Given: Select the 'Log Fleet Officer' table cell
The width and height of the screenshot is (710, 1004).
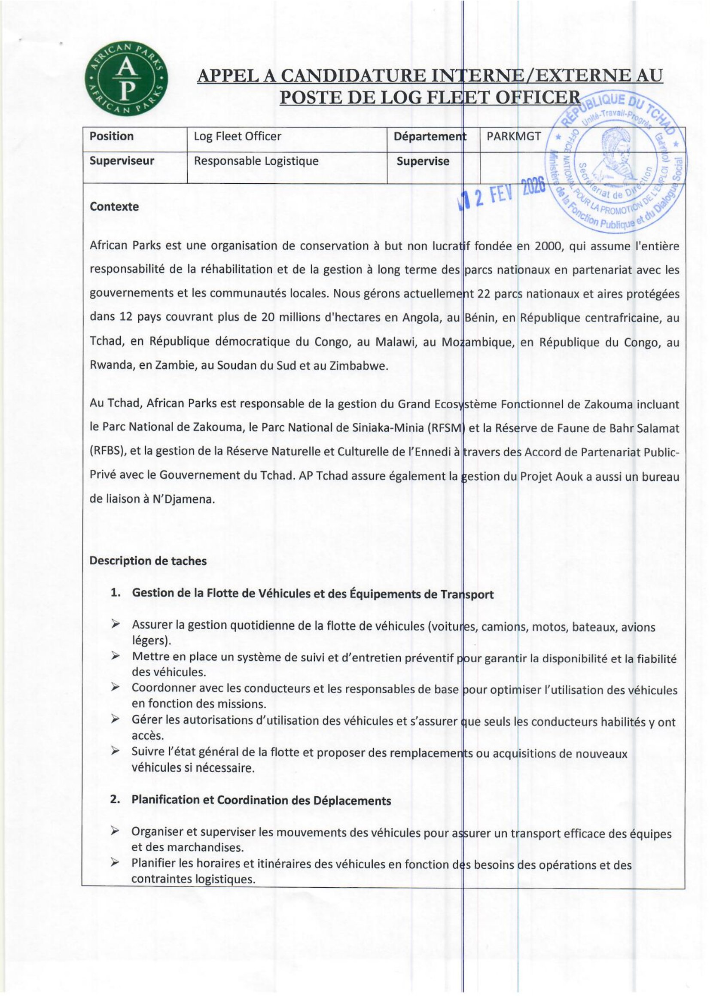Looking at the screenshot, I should click(237, 136).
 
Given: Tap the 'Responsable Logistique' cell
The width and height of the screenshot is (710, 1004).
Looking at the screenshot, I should click(256, 161).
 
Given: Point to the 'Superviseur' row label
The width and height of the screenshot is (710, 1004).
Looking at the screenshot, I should click(122, 161).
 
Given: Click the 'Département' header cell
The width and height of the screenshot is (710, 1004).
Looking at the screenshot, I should click(430, 136).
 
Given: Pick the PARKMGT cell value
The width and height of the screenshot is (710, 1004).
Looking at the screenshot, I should click(514, 136).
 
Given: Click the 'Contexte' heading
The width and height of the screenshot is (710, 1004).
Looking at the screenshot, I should click(114, 206).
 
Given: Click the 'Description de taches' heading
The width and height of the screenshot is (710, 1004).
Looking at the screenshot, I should click(148, 561).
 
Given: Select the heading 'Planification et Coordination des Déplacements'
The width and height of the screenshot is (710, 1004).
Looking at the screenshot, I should click(261, 800).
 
